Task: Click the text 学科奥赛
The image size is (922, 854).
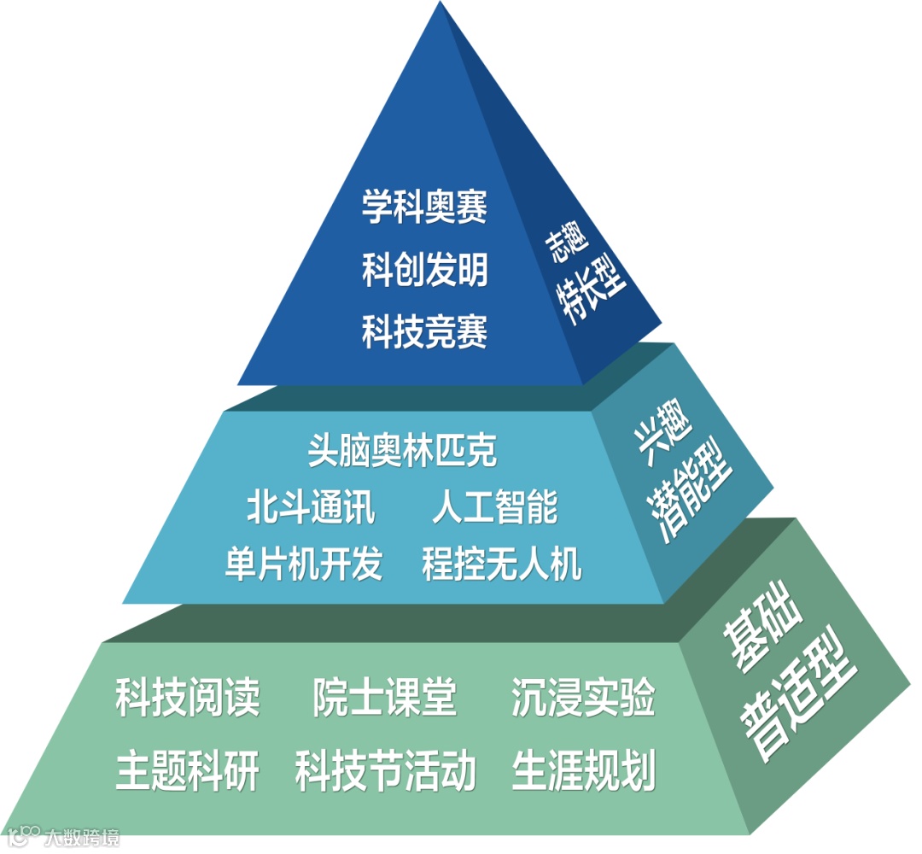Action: [424, 208]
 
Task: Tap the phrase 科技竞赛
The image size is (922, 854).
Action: [424, 331]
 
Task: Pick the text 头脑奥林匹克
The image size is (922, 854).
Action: [401, 451]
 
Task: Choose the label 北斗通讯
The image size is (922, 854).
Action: [311, 506]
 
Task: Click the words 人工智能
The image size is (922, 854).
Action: [495, 506]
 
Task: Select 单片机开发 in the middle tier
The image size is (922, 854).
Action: [304, 564]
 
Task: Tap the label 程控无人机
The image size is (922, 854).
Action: [502, 564]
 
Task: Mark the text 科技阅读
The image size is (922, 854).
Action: [188, 698]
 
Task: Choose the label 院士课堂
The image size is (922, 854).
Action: [385, 698]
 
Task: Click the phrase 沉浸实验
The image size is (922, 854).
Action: [584, 698]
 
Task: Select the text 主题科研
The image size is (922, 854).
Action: [188, 771]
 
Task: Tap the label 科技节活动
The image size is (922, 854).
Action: [385, 771]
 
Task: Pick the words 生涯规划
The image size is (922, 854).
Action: [584, 771]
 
